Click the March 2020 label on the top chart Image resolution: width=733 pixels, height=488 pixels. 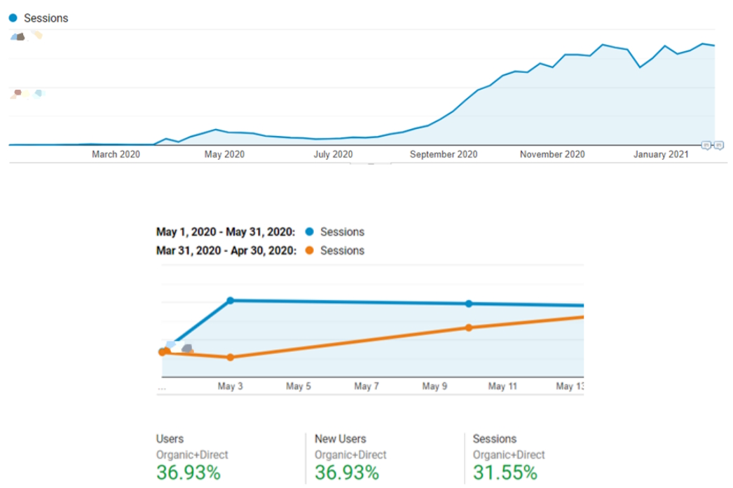tap(116, 154)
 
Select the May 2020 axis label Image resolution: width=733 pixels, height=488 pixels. tap(224, 154)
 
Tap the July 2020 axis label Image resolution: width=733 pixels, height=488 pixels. tap(333, 154)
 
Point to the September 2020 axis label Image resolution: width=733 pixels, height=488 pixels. tap(444, 154)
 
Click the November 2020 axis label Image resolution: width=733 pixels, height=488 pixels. tap(552, 154)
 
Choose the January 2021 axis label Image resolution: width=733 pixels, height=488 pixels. tap(661, 154)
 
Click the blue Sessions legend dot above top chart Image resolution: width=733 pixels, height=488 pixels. tap(13, 18)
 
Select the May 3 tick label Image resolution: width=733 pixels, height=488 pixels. tap(230, 386)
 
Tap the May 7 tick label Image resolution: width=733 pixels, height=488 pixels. tap(366, 386)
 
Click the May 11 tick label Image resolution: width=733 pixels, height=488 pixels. tap(502, 386)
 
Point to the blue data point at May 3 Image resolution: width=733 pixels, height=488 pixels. tap(230, 300)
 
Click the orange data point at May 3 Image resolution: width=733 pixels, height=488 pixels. tap(230, 358)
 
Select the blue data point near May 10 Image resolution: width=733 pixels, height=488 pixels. tap(469, 304)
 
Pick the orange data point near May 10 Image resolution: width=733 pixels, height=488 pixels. tap(469, 327)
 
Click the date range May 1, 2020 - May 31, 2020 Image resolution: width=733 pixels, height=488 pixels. tap(225, 232)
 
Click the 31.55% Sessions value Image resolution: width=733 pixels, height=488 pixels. tap(505, 473)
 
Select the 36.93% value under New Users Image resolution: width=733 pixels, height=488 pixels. tap(347, 473)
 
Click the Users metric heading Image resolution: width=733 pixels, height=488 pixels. tap(170, 439)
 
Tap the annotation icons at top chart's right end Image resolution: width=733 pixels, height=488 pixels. tap(712, 145)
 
